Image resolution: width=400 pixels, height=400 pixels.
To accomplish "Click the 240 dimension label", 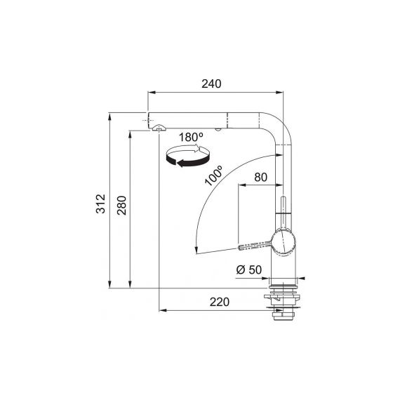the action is coord(211,84).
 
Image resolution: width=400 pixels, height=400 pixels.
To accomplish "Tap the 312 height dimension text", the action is coord(100,204).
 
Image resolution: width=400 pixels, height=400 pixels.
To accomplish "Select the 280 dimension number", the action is coord(122,206).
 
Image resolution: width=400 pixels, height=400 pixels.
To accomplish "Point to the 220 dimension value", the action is coord(220,302).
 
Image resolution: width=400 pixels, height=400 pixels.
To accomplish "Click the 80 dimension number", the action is coord(261,178).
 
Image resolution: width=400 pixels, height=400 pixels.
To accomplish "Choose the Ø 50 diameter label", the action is coord(249,269).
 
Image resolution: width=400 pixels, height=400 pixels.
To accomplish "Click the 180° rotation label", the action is coord(191,138).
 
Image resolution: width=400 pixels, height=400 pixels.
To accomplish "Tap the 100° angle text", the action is coord(214,175).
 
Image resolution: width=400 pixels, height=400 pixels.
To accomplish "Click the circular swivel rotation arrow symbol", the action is coord(187,156).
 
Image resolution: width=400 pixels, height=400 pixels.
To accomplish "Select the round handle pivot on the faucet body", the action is coord(284,242).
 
